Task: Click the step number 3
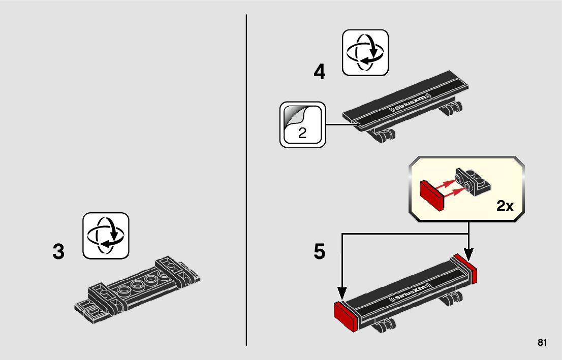pos(59,252)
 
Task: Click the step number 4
pos(319,73)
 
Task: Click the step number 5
pos(319,252)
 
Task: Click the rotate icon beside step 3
pos(106,236)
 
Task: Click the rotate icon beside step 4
pos(365,52)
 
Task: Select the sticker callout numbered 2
pos(302,124)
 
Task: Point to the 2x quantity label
pos(505,206)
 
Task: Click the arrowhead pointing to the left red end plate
pos(341,293)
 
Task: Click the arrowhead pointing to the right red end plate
pos(468,252)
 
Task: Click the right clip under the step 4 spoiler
pos(452,108)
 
